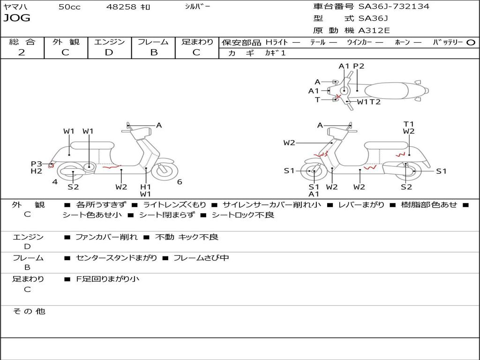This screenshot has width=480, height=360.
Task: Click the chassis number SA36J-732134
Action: tap(394, 7)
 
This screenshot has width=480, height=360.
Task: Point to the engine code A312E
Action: tap(374, 31)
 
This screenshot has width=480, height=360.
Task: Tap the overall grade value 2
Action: tap(22, 52)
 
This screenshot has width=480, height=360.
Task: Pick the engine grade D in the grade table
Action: tap(109, 52)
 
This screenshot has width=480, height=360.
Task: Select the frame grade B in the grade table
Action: tap(153, 52)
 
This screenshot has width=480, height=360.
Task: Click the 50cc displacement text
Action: tap(69, 7)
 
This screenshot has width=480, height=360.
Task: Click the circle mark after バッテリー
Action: tap(471, 43)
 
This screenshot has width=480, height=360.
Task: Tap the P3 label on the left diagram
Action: tap(37, 164)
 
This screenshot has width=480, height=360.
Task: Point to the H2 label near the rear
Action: tap(37, 171)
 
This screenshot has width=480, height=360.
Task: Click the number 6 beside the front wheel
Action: tap(180, 182)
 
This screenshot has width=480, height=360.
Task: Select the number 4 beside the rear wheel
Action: tap(55, 182)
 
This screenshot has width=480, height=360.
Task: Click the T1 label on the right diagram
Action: tap(409, 124)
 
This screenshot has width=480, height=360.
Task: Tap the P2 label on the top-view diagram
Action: tap(359, 66)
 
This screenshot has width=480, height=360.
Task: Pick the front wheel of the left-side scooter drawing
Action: tap(164, 171)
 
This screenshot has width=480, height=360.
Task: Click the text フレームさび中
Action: tap(201, 258)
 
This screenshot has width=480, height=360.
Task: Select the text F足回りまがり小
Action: tap(107, 279)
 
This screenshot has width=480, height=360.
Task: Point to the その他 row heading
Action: tap(29, 311)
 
